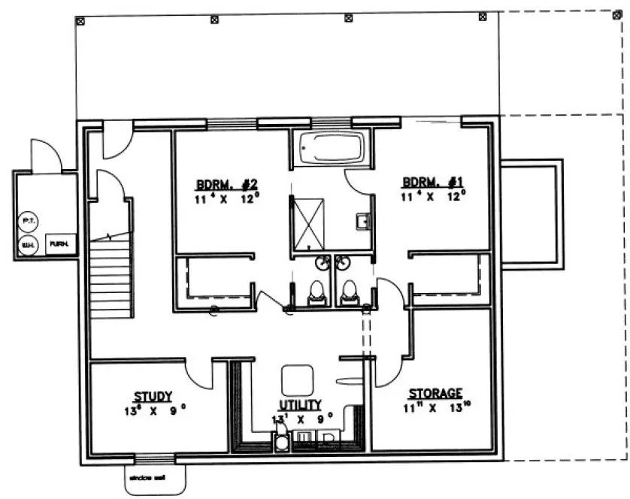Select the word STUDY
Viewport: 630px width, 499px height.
click(153, 396)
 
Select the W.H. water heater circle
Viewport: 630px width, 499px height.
click(26, 244)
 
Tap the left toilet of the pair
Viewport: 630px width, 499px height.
click(317, 293)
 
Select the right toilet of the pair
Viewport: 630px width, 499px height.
click(348, 293)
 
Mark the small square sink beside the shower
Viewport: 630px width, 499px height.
click(362, 221)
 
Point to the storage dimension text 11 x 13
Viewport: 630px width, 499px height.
click(435, 410)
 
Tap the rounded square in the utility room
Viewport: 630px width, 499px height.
click(297, 377)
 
